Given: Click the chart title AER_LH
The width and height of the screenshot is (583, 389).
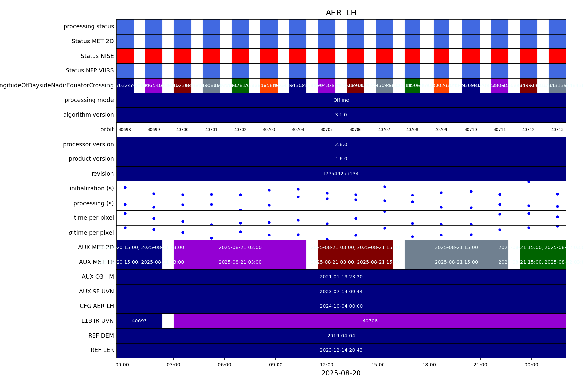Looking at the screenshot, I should point(341,13).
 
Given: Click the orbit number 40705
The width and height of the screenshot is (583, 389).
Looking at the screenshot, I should point(327,130).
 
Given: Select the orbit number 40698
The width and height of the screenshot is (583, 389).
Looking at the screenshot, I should point(125,130).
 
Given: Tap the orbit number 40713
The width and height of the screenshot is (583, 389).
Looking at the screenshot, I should point(557,130).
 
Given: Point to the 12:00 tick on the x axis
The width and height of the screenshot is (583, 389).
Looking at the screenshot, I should point(327,365).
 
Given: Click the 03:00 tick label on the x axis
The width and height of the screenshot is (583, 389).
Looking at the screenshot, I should point(173,365).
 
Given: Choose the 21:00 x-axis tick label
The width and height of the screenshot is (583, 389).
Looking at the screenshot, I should point(480,365).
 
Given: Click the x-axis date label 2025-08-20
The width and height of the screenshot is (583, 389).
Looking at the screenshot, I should point(341,373).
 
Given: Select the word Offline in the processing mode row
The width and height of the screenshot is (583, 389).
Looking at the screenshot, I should point(341,100).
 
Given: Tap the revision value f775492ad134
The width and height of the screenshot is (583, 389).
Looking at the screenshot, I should point(341,174).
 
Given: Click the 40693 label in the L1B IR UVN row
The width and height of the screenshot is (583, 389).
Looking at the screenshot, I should point(139,321).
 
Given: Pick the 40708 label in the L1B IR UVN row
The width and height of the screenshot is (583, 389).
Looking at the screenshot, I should point(370,321).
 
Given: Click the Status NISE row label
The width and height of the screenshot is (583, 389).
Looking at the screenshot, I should point(97,56).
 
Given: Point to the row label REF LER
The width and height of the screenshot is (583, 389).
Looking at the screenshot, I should point(102,350).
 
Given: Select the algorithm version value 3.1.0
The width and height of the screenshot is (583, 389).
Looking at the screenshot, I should point(341,115).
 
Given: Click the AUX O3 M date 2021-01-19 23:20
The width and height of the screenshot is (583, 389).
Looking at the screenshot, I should point(341,277).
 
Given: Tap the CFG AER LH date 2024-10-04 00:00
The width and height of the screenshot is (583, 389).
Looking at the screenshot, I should point(341,306).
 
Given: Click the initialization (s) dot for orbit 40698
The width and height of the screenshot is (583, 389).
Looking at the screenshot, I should point(125,187).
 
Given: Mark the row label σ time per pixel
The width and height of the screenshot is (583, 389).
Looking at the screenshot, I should point(91,233).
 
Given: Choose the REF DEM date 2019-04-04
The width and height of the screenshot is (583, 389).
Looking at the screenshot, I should point(341,336).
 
